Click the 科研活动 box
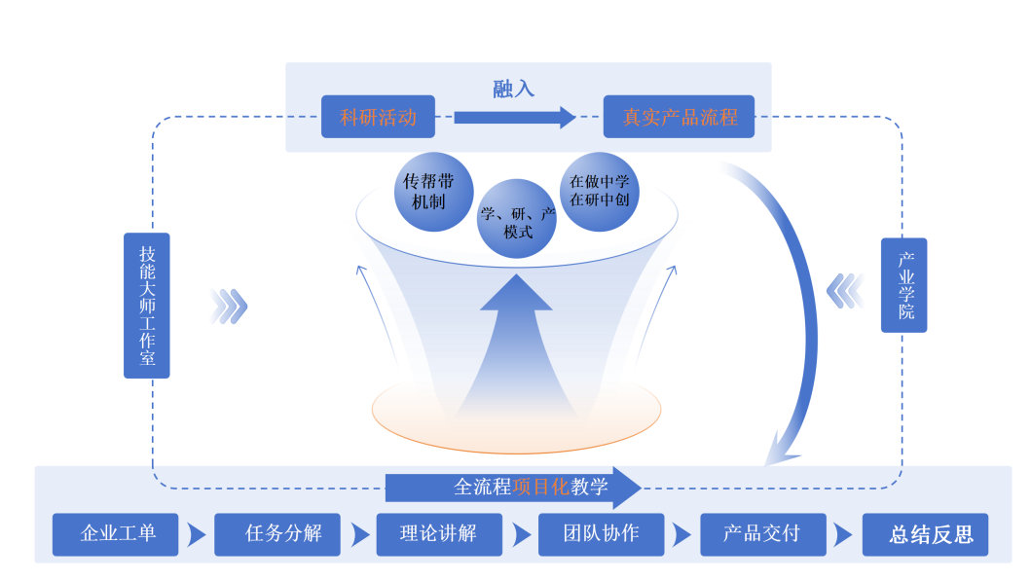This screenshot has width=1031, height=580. (x=378, y=118)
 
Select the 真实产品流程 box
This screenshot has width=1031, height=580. (x=680, y=118)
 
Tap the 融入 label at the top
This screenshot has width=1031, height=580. (x=513, y=89)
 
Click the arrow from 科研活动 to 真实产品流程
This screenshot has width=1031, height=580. (x=514, y=118)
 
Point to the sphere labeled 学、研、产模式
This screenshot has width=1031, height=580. (x=517, y=220)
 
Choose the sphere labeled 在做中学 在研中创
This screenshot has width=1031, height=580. (x=600, y=191)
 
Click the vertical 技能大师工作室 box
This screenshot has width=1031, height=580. (x=147, y=305)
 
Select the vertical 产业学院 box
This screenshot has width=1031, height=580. (x=904, y=285)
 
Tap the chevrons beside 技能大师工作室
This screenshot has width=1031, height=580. (x=229, y=306)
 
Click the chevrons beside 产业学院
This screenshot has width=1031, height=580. (x=845, y=290)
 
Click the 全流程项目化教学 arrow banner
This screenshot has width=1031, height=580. (x=514, y=487)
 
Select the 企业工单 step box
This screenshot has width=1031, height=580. (x=116, y=534)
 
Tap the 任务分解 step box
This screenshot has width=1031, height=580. (x=277, y=534)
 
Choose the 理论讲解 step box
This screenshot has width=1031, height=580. (x=439, y=534)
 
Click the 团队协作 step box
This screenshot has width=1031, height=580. (x=601, y=534)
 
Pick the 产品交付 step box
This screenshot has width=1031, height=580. (x=762, y=534)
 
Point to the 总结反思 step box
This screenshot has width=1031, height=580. (x=925, y=534)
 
